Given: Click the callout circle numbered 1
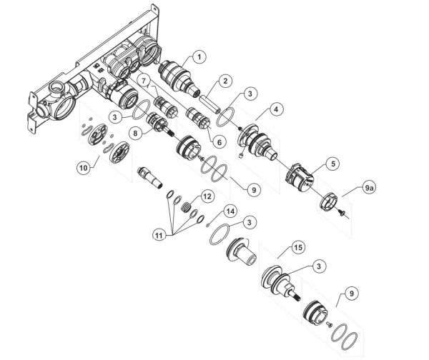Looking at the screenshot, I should tap(199, 56).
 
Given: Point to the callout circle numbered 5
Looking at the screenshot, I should tap(334, 164).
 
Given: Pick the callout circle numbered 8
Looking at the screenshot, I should tap(134, 132).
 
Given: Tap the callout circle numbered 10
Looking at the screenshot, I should tap(84, 166).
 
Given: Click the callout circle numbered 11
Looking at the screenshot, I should tap(157, 234).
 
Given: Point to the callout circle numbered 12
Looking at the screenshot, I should tap(207, 195).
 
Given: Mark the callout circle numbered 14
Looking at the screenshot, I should tap(230, 211).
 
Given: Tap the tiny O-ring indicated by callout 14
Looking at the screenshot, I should tap(208, 224).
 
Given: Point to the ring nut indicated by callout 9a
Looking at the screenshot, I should tap(327, 200).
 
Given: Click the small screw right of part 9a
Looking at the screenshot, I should tap(344, 212).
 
